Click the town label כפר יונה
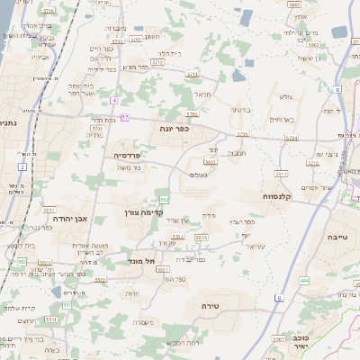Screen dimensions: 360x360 coord(177,129)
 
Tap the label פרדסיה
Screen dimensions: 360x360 coord(126,155)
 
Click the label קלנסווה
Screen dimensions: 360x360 coord(261,195)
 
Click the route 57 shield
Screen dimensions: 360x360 coord(125,118)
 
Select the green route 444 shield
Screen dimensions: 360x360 coord(304,281)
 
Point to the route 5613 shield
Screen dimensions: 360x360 coord(210,162)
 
